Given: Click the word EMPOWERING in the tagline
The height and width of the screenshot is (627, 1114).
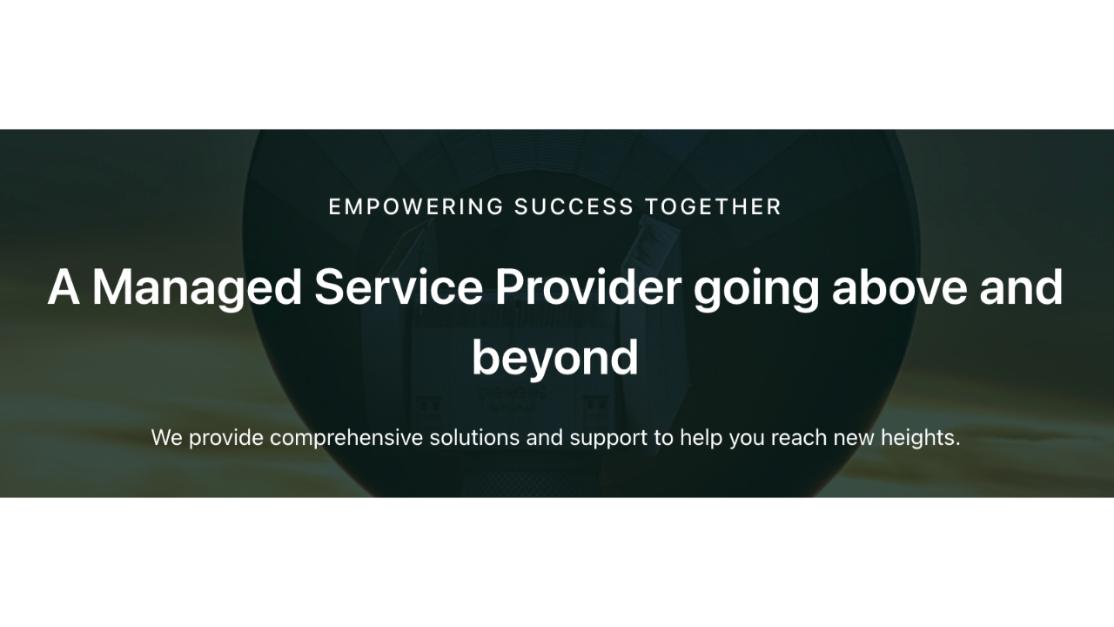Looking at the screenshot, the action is [x=416, y=207].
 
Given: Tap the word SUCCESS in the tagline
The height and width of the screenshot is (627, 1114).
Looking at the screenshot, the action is [x=574, y=207].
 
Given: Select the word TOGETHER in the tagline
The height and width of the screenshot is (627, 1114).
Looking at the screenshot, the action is [x=713, y=207].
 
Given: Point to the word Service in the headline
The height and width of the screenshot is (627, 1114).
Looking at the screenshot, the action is [x=399, y=287].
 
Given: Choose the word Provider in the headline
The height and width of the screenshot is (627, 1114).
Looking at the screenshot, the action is [x=588, y=287].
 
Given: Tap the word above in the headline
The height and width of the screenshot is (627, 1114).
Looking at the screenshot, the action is [x=899, y=287].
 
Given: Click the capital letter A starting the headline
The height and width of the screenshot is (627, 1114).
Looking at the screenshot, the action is [x=64, y=287].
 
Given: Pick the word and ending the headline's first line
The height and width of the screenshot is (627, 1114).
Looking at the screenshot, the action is [x=1021, y=287].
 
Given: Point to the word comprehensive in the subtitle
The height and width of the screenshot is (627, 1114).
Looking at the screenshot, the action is [x=346, y=439].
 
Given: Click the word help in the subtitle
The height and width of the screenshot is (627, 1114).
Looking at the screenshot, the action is [x=701, y=439].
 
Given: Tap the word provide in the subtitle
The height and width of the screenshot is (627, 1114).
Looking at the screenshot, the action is [x=226, y=439].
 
